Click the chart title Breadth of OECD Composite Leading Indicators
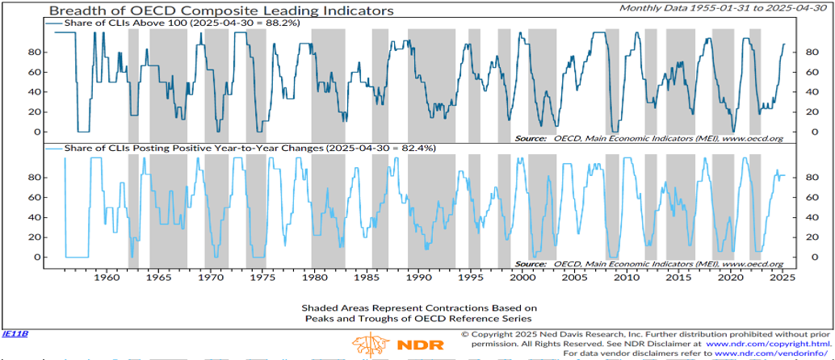210,11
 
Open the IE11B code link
15,333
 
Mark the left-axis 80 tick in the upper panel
36,52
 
